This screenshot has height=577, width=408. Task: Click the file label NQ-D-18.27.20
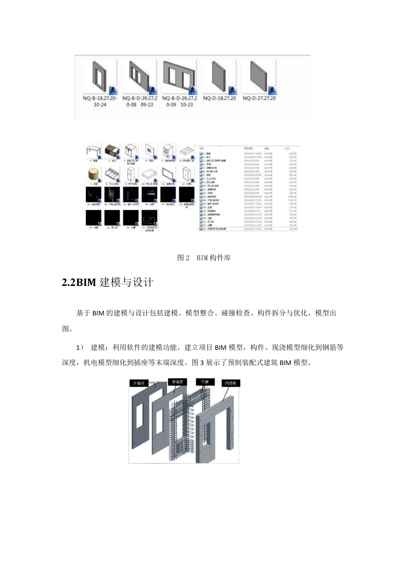coord(219,98)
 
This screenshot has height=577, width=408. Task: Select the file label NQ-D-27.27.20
coord(259,98)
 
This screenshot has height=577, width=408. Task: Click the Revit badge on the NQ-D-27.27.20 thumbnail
coord(272,90)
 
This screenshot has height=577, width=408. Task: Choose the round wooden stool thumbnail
coord(93,174)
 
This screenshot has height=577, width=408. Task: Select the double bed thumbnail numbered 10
coord(149,174)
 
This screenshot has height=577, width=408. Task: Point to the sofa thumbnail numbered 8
coord(112,174)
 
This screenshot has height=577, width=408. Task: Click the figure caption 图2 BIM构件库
coord(204,258)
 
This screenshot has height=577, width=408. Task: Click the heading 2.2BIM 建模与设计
coord(108,282)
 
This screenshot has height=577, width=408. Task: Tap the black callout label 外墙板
coord(139,383)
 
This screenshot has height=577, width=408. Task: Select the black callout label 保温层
coord(177,382)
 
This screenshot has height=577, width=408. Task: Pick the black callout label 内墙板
coord(231,383)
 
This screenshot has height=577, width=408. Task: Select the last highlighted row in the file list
coord(248,229)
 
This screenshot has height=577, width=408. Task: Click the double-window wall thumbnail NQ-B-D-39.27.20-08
coord(139,77)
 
